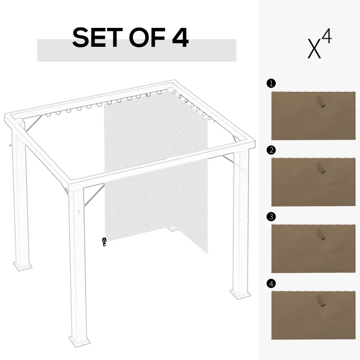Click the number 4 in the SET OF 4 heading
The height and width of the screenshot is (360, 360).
pyautogui.click(x=180, y=38)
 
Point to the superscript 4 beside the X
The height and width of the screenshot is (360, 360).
pyautogui.click(x=327, y=37)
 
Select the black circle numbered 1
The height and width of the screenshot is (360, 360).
pyautogui.click(x=270, y=83)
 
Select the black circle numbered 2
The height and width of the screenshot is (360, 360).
pyautogui.click(x=270, y=150)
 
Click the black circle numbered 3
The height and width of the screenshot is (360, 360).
pyautogui.click(x=270, y=216)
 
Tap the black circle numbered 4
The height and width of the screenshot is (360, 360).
pyautogui.click(x=270, y=283)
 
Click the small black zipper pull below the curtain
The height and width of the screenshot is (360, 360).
pyautogui.click(x=104, y=242)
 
